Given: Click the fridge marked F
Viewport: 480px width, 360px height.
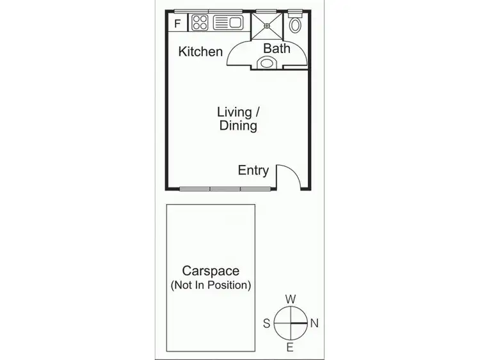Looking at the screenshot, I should tap(178, 24).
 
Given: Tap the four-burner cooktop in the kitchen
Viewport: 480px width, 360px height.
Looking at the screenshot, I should tap(200, 24).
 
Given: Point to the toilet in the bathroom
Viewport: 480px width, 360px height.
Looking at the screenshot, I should tap(295, 25).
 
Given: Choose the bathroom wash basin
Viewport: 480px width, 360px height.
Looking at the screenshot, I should tap(267, 62).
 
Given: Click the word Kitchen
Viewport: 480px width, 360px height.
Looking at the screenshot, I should tap(200, 52).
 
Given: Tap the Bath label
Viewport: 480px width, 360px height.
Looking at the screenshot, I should tap(276, 48).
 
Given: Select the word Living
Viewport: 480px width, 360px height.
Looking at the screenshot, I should tap(235, 112).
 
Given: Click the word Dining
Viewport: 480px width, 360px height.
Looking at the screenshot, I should tap(238, 126).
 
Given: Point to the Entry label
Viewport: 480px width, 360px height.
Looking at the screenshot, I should tap(253, 170).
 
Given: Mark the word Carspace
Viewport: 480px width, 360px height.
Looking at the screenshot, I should tap(211, 271).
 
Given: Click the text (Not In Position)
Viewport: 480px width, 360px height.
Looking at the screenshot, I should tap(211, 285).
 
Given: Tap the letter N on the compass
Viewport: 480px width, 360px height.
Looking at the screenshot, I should tap(314, 323).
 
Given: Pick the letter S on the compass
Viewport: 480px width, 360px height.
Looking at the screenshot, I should tap(266, 323).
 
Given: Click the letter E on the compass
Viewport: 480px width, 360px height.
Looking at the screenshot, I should tap(290, 347).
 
